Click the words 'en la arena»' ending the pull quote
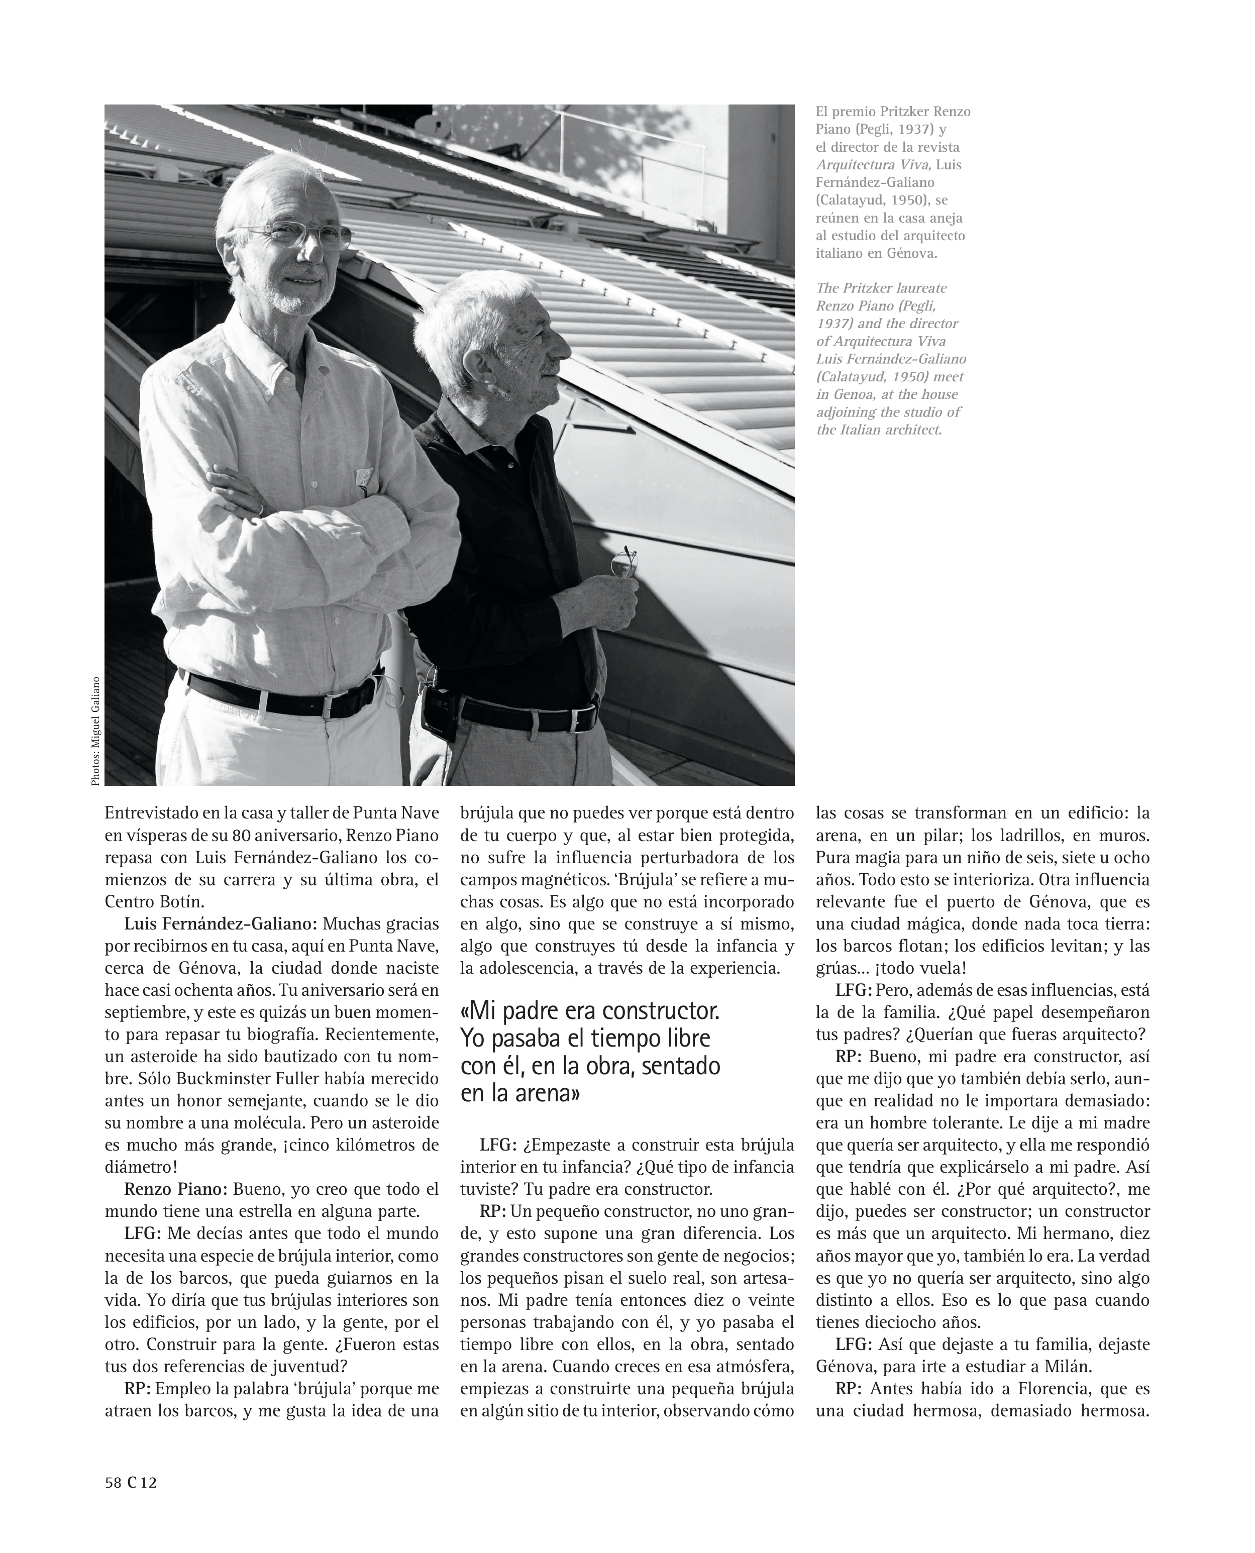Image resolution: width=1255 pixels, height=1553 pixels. point(520,1093)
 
